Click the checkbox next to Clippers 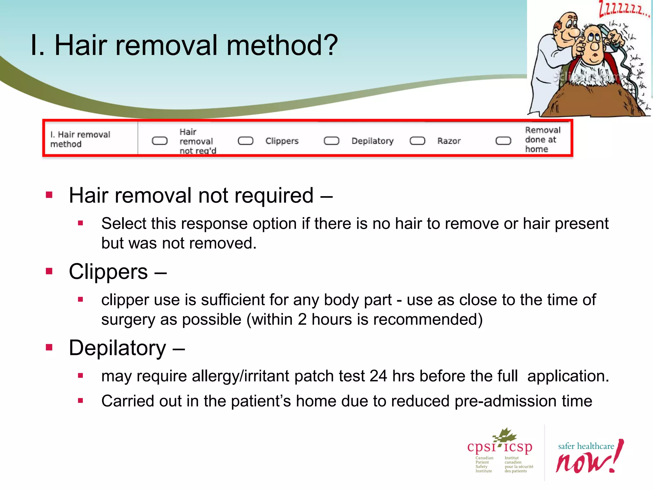246,141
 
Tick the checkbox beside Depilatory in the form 331,141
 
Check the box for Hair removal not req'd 159,141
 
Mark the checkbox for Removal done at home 503,141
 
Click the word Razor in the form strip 449,141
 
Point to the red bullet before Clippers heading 49,271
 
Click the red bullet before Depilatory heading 49,347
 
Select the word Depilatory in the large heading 117,348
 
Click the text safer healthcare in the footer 586,446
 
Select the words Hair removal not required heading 191,195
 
